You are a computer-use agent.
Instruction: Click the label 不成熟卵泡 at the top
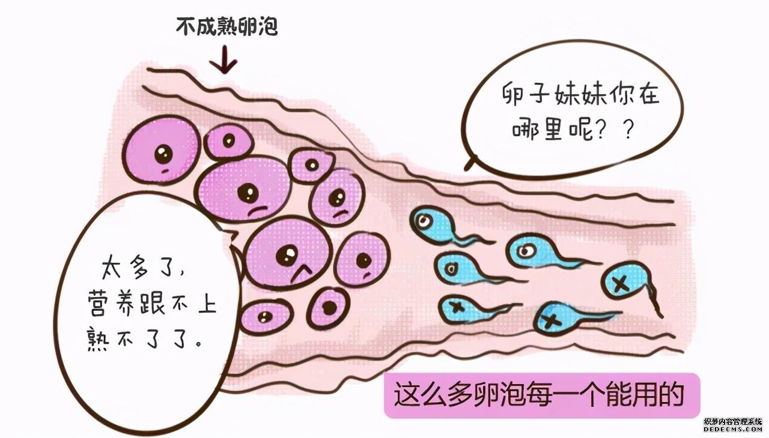click(x=226, y=26)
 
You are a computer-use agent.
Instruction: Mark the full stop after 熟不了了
click(x=198, y=343)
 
